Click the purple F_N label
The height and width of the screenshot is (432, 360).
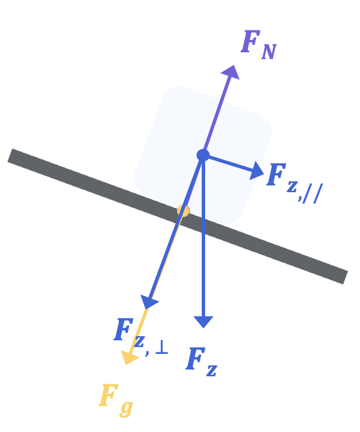[x=259, y=45]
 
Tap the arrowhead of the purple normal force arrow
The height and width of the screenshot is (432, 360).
[x=231, y=73]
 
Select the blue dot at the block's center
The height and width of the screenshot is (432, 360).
[x=203, y=155]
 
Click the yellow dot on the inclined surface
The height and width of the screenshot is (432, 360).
[x=183, y=211]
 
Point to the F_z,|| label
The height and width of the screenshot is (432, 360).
[x=294, y=183]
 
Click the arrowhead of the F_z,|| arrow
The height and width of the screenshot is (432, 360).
[x=256, y=170]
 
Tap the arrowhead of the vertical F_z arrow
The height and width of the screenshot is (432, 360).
[x=204, y=322]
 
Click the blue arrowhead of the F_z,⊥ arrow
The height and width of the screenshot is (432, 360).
[x=149, y=302]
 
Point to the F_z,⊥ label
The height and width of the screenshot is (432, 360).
[x=141, y=337]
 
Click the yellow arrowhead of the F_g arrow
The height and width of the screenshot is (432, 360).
[x=129, y=357]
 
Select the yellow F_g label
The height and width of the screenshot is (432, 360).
[x=116, y=400]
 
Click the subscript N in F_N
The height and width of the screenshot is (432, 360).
[x=269, y=52]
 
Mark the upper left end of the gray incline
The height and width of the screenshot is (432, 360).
[x=10, y=156]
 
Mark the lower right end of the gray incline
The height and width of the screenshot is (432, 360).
[x=346, y=277]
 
